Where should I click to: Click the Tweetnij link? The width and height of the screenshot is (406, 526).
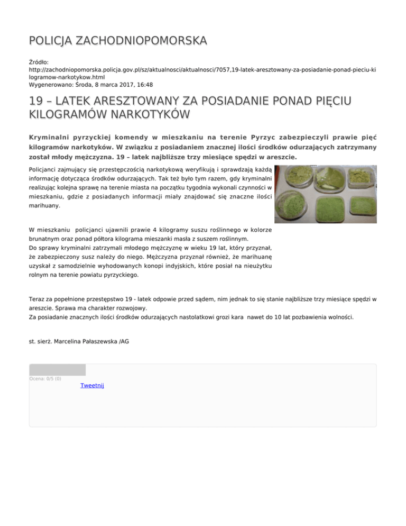pyautogui.click(x=92, y=386)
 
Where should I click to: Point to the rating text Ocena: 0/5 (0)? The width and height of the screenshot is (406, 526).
pyautogui.click(x=45, y=378)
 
